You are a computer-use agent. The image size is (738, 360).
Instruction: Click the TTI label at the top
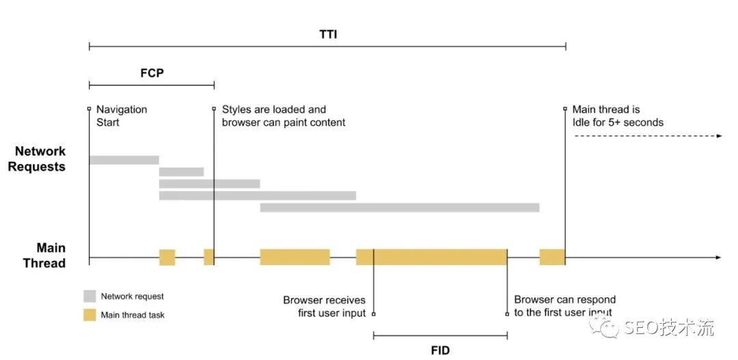click(328, 34)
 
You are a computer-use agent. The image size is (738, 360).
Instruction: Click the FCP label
click(152, 72)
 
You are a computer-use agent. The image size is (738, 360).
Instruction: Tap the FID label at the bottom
click(440, 350)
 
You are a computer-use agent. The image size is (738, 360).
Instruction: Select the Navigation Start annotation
click(121, 115)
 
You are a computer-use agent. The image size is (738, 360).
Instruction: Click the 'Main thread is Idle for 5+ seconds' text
click(617, 115)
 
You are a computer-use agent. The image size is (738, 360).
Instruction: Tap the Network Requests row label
click(40, 159)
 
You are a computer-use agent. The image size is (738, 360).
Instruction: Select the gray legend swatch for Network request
click(90, 296)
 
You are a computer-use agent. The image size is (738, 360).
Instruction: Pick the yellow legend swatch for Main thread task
click(90, 315)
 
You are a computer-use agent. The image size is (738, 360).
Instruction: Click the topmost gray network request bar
click(124, 160)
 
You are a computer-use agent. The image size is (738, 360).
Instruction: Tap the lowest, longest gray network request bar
click(399, 207)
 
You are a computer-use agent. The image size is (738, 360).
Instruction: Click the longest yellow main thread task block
click(431, 257)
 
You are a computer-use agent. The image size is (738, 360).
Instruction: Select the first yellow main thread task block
click(167, 257)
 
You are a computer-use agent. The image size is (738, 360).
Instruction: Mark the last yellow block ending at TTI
click(552, 257)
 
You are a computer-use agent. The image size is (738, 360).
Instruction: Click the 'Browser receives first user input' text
click(325, 306)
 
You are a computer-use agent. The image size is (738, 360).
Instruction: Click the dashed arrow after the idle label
click(647, 137)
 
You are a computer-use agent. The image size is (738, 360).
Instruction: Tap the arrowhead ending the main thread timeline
click(717, 258)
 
